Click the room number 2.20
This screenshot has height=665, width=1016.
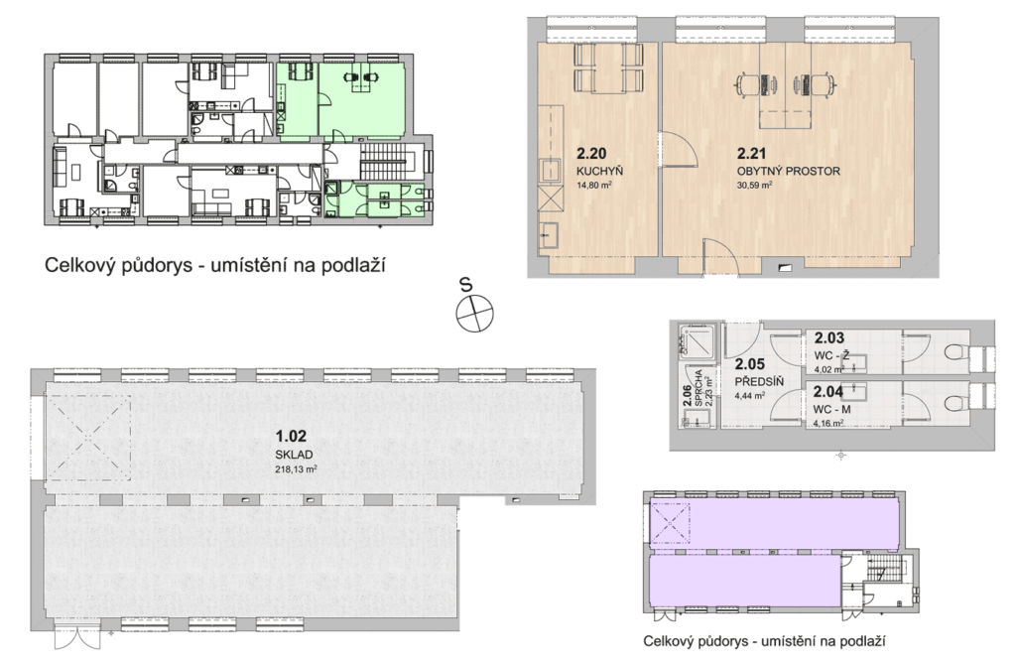591,154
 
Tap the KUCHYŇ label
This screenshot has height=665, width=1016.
599,171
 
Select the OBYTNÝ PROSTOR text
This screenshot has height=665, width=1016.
788,171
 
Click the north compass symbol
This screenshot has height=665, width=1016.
475,314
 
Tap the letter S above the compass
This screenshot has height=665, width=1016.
465,285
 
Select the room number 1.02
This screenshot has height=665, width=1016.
291,437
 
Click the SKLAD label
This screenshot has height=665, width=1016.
294,455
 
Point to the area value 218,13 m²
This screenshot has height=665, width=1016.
296,469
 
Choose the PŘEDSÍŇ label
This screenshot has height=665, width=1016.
759,382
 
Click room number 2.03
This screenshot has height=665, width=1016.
829,337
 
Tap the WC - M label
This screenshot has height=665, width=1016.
832,410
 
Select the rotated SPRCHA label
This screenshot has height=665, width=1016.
698,388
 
